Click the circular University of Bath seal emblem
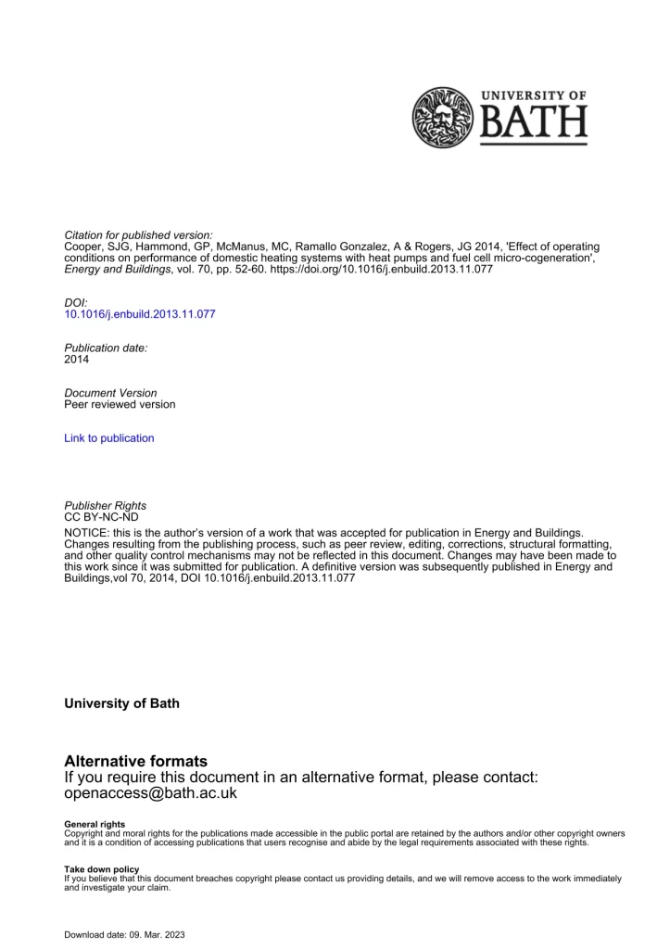[443, 118]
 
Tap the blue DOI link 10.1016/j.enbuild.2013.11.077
[140, 314]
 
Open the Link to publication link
[109, 437]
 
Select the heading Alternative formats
[136, 761]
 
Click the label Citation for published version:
[126, 234]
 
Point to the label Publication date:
[106, 347]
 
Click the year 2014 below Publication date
[78, 359]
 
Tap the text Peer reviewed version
[120, 404]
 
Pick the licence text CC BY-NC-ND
[101, 516]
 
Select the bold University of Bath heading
[121, 703]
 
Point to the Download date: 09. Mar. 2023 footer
[124, 934]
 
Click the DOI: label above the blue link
[76, 302]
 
